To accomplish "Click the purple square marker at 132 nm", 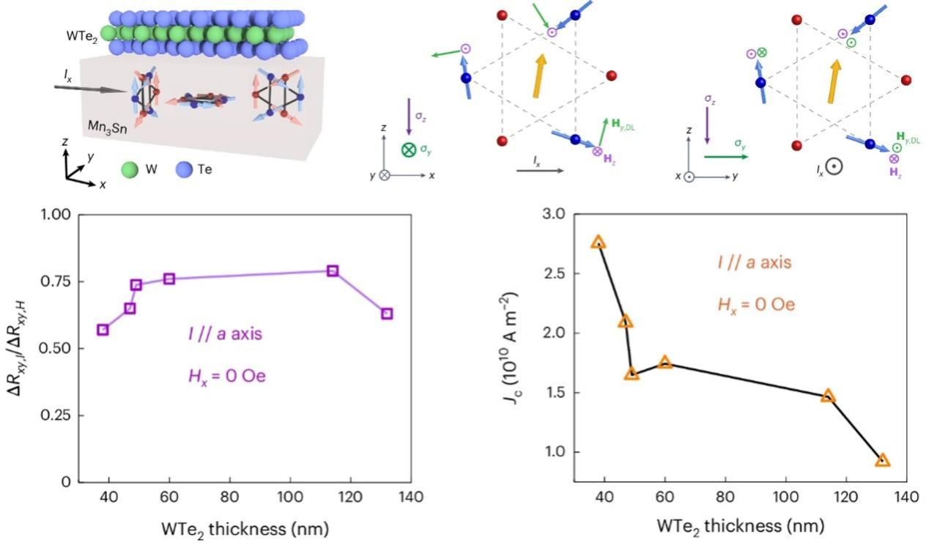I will pyautogui.click(x=387, y=314).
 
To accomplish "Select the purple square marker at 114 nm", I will pyautogui.click(x=333, y=270).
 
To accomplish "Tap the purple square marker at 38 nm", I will pyautogui.click(x=103, y=330).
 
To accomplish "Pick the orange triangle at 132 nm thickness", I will pyautogui.click(x=882, y=460).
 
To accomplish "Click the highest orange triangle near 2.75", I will pyautogui.click(x=598, y=242).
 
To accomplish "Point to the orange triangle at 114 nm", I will pyautogui.click(x=828, y=396).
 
